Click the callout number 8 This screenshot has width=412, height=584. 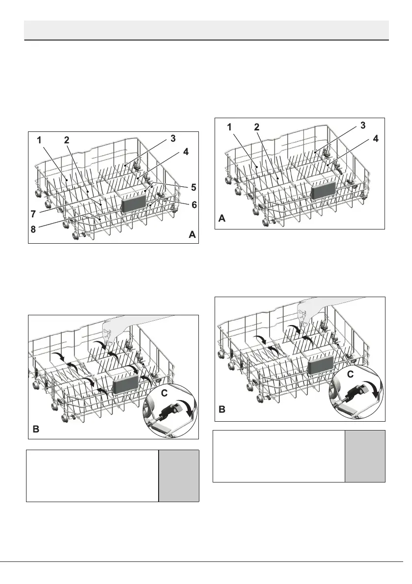point(33,229)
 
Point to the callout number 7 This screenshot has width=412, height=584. point(33,214)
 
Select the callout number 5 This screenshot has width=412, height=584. point(193,187)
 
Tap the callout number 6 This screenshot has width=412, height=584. point(194,204)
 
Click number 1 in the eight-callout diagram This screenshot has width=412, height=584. point(39,140)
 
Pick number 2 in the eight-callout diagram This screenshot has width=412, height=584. point(67,140)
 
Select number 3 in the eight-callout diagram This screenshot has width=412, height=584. point(173,139)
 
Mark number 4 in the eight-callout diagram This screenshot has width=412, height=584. point(186,152)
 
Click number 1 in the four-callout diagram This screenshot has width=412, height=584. point(229,127)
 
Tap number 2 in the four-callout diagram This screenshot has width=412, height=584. point(257,127)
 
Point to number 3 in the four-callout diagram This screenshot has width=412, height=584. point(363,126)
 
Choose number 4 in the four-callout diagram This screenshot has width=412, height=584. point(376,139)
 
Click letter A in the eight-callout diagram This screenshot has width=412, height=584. point(192,235)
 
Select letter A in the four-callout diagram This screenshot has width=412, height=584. point(222,219)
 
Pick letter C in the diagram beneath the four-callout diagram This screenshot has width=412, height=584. point(351,375)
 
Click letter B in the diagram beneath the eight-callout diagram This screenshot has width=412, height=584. point(36,429)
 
